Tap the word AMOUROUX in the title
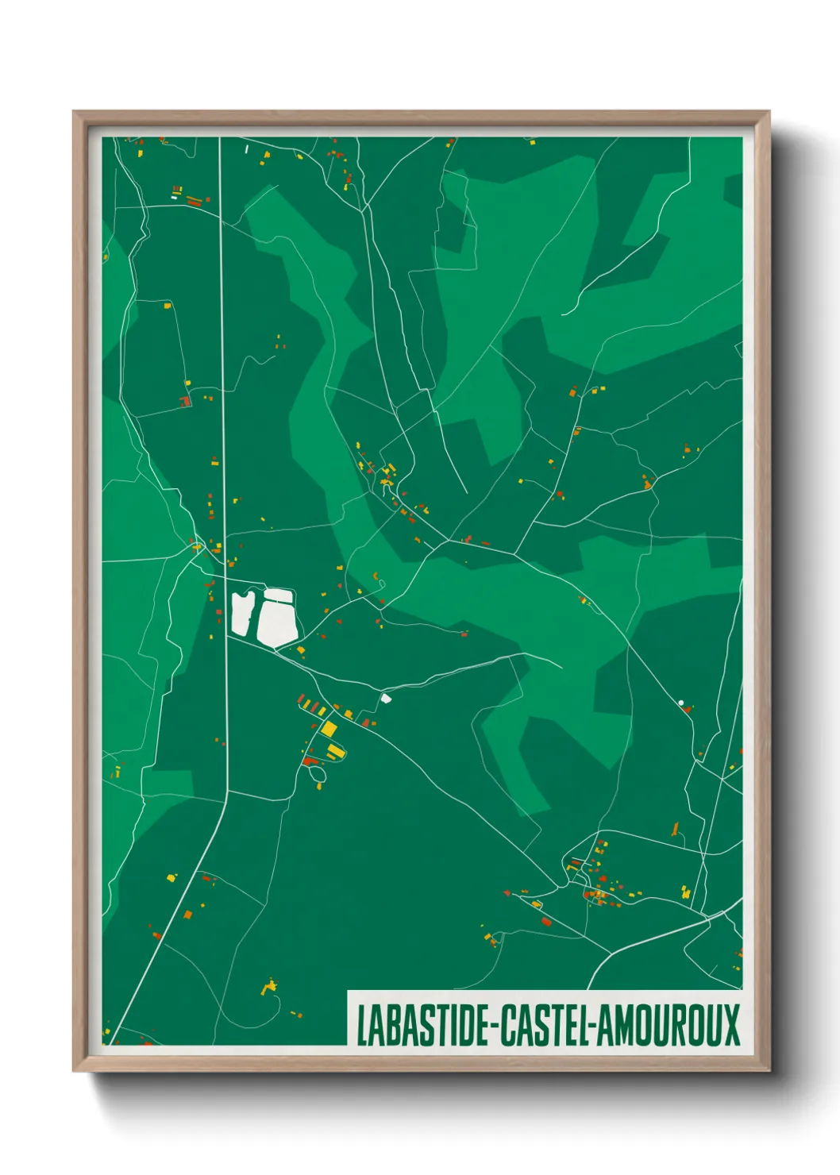tap(668, 1026)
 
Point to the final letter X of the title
tap(730, 1026)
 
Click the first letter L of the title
tap(361, 1026)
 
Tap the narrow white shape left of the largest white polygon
tap(241, 613)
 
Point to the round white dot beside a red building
tap(680, 702)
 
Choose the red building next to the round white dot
tap(688, 708)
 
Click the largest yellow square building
tap(328, 729)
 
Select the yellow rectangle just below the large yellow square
tap(336, 749)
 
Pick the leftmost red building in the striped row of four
tap(302, 699)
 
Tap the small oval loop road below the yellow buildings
tap(316, 774)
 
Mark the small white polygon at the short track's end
tap(386, 698)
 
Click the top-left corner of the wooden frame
tap(75, 113)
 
